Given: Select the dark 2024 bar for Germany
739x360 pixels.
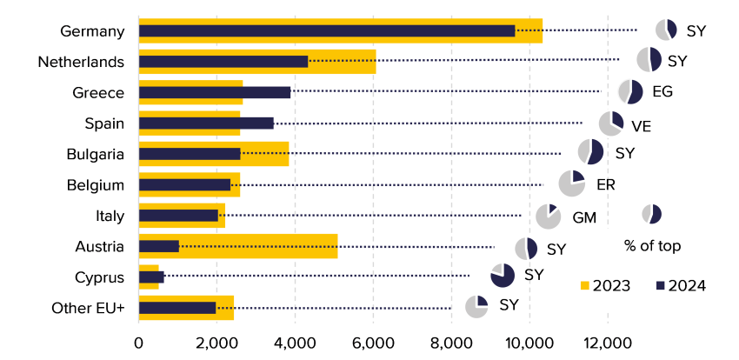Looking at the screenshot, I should coord(326,31).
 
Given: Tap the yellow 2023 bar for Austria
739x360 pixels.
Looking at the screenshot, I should coord(261,246).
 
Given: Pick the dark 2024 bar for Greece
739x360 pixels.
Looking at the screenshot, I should coord(214,92).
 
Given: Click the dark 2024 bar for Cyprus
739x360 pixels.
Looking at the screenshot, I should coord(150,277).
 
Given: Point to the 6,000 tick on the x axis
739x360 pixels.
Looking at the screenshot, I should coord(373,342).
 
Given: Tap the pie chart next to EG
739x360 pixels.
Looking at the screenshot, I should coord(630,92).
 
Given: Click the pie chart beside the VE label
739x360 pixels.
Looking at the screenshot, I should coord(611,123).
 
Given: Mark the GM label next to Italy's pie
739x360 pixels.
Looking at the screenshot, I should coord(583,217).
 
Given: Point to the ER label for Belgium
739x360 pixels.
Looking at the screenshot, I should coord(606,185).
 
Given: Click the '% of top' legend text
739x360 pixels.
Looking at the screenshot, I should coord(652,245).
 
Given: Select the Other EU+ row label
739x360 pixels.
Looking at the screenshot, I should coord(88,308).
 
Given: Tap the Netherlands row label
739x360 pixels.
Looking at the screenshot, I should coord(81,62).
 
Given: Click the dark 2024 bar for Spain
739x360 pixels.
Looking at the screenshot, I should coord(206,123).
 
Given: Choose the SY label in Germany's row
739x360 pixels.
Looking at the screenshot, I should coord(696,31).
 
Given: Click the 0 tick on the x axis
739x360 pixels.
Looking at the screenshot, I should coord(139,342).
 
